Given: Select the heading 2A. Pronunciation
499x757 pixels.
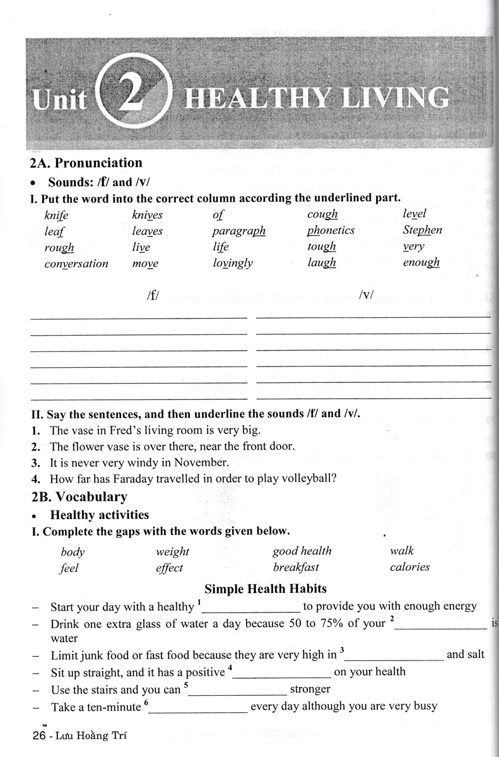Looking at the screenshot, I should (x=86, y=163).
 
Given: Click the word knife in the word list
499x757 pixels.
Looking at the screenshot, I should (x=56, y=215).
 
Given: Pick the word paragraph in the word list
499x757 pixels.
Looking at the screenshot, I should (x=238, y=231).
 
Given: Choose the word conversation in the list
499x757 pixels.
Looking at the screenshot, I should (x=76, y=264).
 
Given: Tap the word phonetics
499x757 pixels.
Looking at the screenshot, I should (x=331, y=230).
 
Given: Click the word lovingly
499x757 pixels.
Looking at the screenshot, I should (x=232, y=264).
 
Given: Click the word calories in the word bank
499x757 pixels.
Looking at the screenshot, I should (x=409, y=566).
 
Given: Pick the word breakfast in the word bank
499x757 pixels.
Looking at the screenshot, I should (x=295, y=566).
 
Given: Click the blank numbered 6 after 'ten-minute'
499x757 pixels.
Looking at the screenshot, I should (x=197, y=708).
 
